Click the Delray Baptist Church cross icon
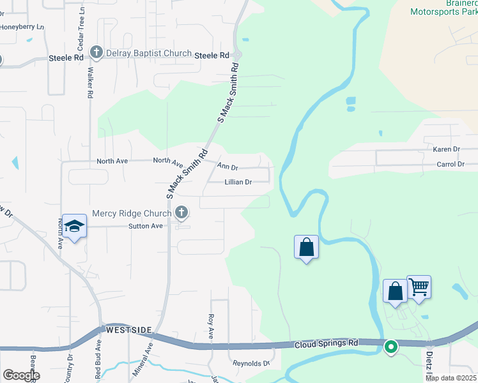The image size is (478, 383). (96, 52)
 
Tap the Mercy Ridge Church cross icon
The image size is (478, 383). (182, 212)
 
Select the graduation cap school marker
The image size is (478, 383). (75, 226)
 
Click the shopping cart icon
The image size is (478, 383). (419, 287)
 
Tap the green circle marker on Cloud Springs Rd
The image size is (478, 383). (390, 347)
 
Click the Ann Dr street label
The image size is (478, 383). (227, 167)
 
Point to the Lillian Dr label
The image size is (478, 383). (238, 182)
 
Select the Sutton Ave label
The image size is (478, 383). (146, 226)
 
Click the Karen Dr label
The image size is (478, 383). (447, 149)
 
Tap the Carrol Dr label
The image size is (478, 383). (450, 164)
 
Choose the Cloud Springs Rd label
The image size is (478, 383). (326, 344)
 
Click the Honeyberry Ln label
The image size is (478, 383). (22, 27)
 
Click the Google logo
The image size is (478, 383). (21, 375)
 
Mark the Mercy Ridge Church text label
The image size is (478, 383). (132, 213)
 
